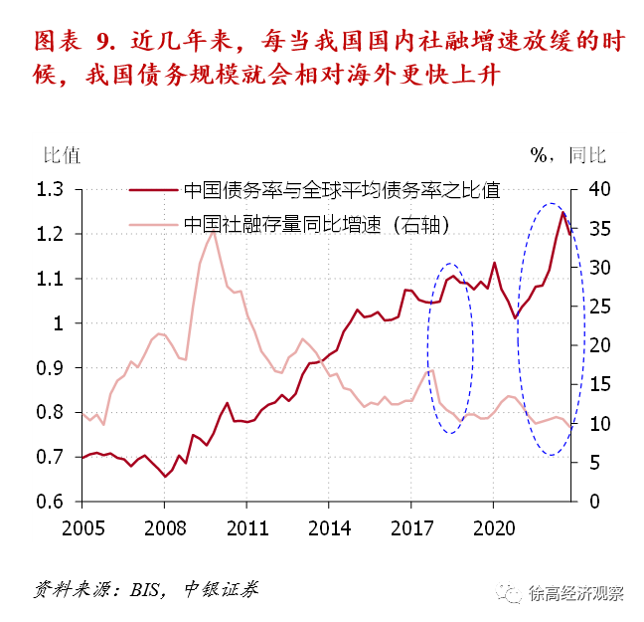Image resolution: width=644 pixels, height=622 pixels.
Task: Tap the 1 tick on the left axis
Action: click(x=58, y=323)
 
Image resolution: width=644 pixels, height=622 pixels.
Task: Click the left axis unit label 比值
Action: click(x=61, y=154)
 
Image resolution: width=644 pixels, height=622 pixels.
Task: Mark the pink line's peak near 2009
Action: click(x=213, y=232)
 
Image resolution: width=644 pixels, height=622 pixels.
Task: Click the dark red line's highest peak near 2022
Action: click(x=563, y=212)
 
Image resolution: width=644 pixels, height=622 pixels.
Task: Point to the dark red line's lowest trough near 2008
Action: click(x=166, y=477)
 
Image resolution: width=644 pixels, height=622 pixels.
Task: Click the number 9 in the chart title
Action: click(x=103, y=43)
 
